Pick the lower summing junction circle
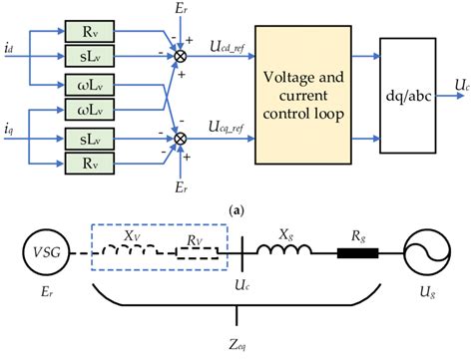[181, 129]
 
